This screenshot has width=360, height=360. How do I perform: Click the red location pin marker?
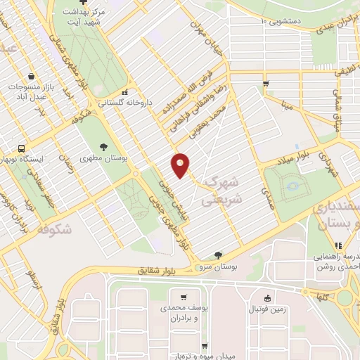coord(181,165)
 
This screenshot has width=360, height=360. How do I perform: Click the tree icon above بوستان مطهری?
coord(104,147)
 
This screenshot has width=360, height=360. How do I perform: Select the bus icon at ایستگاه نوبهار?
coord(22,148)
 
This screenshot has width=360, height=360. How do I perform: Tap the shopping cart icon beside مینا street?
coord(265,84)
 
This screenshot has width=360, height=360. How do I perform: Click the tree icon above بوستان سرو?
coord(218,255)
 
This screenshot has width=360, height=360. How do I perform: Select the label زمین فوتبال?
coord(269,309)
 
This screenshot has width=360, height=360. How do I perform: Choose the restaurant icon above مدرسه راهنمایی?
coord(337,245)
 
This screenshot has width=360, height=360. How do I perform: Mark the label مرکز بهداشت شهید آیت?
coord(84,18)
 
